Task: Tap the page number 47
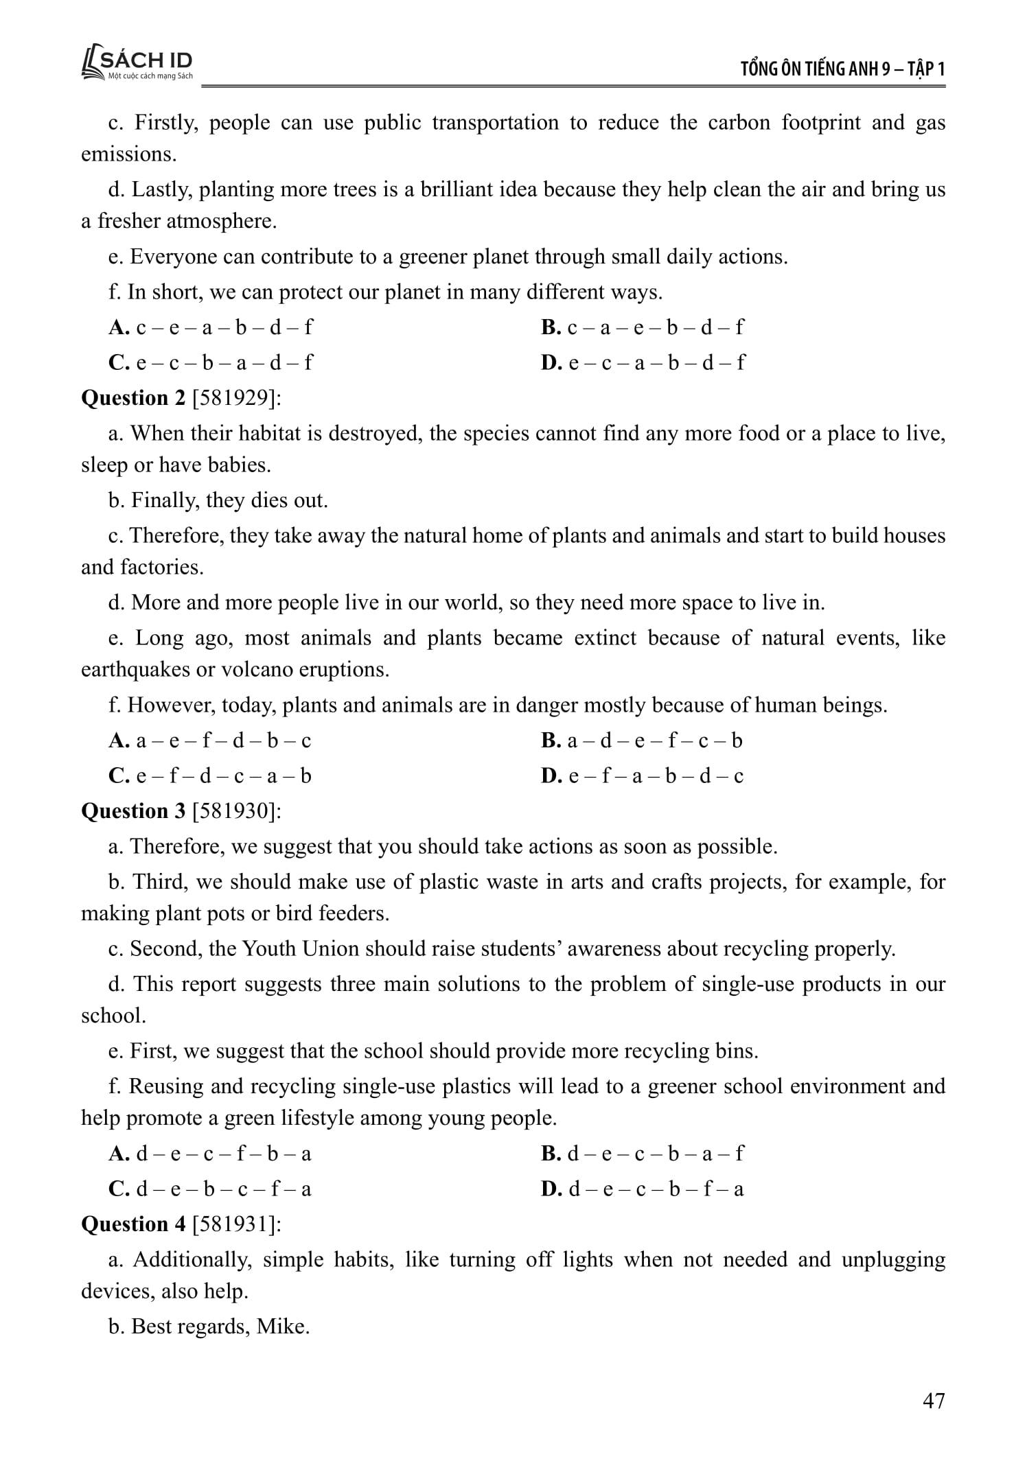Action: [x=934, y=1401]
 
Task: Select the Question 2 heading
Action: [x=133, y=398]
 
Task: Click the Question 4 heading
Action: [x=133, y=1224]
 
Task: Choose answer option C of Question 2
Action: [x=209, y=776]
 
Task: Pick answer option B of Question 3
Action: [x=641, y=1154]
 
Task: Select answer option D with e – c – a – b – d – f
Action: [x=643, y=362]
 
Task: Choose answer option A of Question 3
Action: [x=209, y=1154]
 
